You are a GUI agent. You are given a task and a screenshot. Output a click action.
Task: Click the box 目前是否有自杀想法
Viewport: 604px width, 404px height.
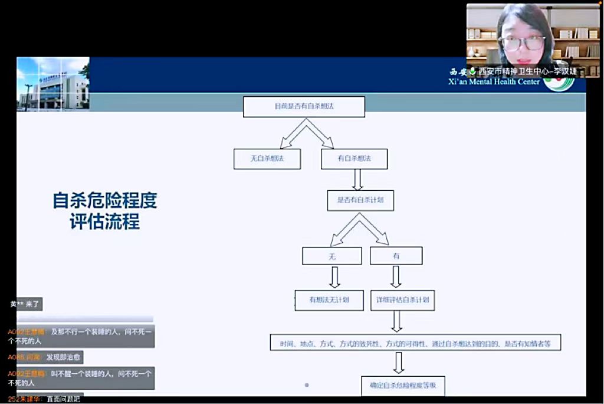coord(304,107)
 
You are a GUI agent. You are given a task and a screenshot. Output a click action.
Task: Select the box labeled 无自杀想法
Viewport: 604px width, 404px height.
coord(267,159)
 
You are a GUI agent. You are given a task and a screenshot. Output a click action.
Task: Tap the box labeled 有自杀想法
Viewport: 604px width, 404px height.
coord(354,159)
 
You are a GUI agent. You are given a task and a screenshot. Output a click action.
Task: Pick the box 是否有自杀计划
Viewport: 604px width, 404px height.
coord(360,200)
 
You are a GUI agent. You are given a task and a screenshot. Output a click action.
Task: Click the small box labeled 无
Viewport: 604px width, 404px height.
coord(331,256)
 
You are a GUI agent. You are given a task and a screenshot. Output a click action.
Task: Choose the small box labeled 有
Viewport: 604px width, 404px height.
coord(396,256)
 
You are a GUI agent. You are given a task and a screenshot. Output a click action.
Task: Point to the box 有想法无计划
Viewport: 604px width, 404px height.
coord(329,300)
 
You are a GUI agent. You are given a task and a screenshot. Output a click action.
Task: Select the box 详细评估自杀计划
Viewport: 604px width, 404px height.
coord(403,300)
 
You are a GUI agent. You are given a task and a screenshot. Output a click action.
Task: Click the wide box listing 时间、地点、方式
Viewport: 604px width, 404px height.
coord(415,343)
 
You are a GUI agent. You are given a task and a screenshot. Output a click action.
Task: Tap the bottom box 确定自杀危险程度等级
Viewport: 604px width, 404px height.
coord(403,385)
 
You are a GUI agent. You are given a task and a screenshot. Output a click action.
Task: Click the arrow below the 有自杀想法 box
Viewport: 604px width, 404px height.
coord(357,179)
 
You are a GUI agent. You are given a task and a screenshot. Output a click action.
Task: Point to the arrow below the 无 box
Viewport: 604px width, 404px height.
coord(334,276)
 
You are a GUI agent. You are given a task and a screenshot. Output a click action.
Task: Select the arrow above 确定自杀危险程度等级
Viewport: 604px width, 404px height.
coord(398,363)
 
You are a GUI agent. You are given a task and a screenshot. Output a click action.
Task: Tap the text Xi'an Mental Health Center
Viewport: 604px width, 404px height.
coord(494,82)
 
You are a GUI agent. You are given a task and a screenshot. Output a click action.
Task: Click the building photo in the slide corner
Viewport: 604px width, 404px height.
coord(53,84)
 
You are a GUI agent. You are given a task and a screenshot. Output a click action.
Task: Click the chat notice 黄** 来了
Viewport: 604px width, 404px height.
coord(25,304)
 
